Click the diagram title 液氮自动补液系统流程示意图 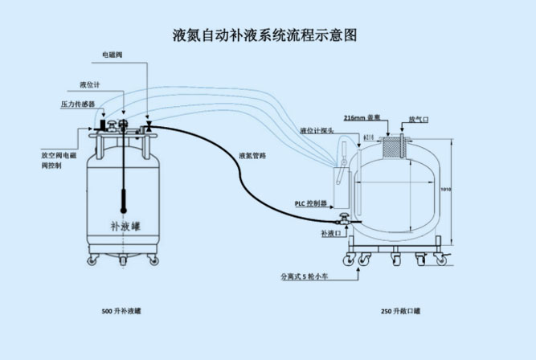click(x=264, y=35)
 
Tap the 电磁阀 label click(x=112, y=55)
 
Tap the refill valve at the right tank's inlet click(x=345, y=219)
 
